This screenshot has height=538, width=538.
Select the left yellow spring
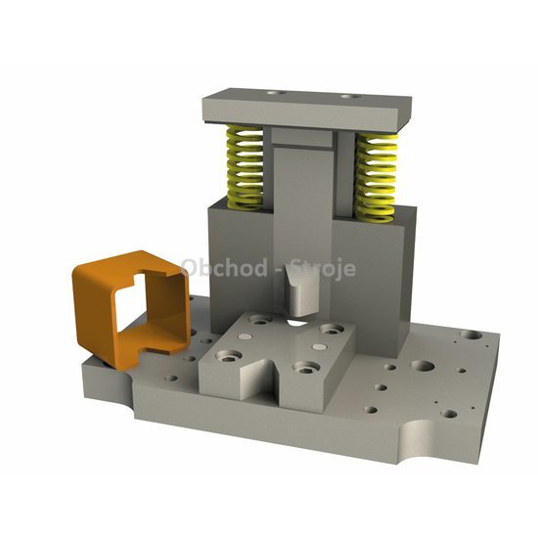pyautogui.click(x=245, y=167)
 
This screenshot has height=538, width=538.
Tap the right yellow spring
pyautogui.click(x=376, y=177)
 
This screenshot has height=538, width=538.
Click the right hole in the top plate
pyautogui.click(x=350, y=97)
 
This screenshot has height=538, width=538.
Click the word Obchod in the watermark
pyautogui.click(x=224, y=268)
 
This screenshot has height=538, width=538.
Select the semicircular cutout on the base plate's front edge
pyautogui.click(x=417, y=441)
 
